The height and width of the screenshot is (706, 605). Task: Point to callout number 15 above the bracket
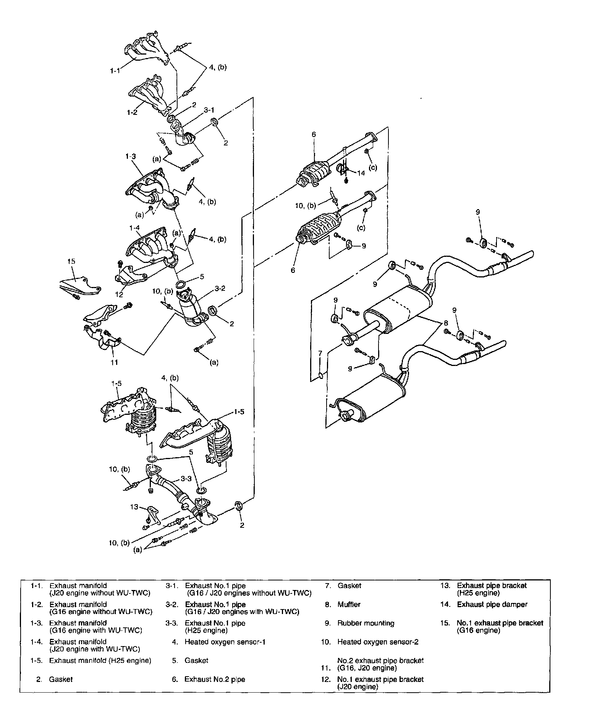tap(71, 261)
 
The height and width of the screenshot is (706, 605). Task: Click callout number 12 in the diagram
tap(119, 294)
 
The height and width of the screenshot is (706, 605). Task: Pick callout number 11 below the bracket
tap(114, 363)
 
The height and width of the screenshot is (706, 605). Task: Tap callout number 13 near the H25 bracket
tap(134, 507)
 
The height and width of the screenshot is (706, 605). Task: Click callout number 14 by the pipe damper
tap(361, 173)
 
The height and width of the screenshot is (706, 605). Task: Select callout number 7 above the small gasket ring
tap(320, 353)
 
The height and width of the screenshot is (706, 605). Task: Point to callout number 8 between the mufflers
tap(445, 323)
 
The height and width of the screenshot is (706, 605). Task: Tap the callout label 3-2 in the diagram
tap(220, 289)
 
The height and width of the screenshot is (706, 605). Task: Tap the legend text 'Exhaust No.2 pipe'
tap(215, 679)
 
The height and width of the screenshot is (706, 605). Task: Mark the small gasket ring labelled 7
tap(321, 377)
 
